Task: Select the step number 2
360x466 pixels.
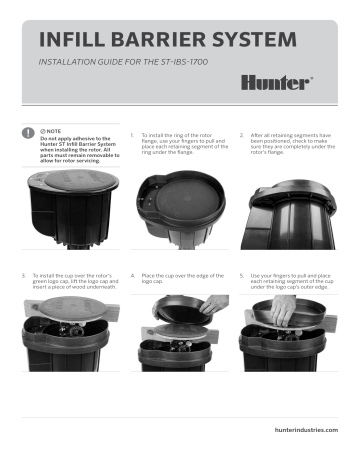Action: coord(242,132)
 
